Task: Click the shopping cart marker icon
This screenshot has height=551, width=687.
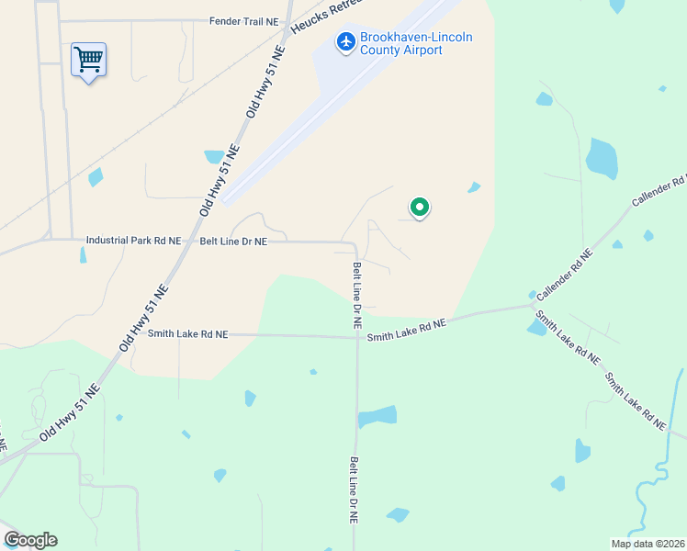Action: (88, 61)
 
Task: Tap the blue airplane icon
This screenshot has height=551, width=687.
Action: (346, 41)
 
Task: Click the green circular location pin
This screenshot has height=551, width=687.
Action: (419, 208)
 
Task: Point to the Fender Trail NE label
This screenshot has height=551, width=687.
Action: (242, 20)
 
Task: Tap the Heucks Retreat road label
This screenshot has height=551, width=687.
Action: (321, 17)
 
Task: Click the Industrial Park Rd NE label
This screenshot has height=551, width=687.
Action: (133, 241)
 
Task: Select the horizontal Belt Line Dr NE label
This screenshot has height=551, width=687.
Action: (233, 242)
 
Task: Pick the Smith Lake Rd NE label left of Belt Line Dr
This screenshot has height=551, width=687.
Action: (187, 335)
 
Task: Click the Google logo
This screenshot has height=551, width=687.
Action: (30, 540)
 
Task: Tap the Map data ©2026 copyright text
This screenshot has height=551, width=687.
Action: (648, 544)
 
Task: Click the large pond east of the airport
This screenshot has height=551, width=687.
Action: (602, 159)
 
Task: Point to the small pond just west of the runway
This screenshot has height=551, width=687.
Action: (214, 157)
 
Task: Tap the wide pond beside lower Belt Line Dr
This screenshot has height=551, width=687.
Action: (376, 417)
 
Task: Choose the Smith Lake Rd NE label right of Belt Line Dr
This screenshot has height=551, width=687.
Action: (406, 331)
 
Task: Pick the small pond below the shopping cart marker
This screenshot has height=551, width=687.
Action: (95, 177)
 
